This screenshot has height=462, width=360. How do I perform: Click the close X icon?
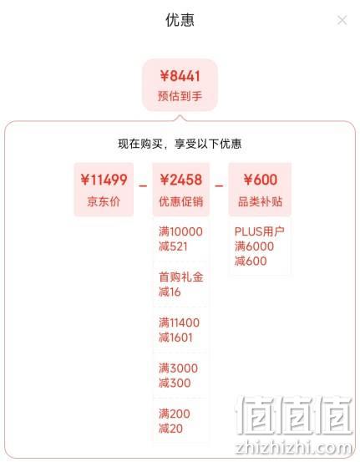pos(342,20)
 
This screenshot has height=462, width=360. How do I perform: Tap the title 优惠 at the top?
pos(180,20)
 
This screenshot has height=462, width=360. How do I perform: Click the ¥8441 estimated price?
pos(180,76)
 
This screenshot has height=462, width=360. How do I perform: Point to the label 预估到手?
pos(180,96)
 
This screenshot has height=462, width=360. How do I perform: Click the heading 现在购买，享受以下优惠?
pos(180,144)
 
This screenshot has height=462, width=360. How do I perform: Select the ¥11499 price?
pos(104,180)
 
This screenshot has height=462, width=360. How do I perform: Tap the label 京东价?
pos(104,201)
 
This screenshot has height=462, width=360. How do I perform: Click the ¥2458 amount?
pos(181,180)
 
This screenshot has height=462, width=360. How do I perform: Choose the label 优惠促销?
pos(181,201)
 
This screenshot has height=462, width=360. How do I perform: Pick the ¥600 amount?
pos(261,180)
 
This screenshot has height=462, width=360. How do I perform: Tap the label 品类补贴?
pos(260,201)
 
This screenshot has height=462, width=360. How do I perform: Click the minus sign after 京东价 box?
pos(143,186)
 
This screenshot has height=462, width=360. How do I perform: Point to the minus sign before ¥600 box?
pos(219,186)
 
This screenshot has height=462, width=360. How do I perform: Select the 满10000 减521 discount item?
pos(180,239)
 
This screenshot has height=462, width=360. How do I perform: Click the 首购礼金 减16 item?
pos(181,284)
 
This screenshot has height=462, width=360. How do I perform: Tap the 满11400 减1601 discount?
pos(179,330)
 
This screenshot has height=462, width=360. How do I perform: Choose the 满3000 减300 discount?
pos(178,376)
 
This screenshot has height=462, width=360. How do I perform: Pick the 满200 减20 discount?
pos(175,421)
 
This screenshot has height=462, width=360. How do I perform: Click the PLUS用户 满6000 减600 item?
pos(259,246)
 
